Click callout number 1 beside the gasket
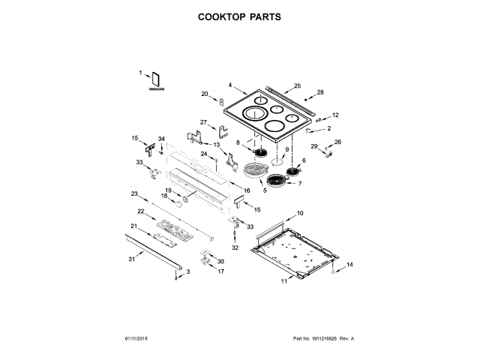pos(140,73)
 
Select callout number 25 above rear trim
pos(297,86)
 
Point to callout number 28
pos(320,92)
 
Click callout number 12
pos(335,115)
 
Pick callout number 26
pos(337,142)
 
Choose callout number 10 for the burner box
pos(300,214)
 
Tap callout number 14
pos(348,264)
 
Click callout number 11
pos(284,281)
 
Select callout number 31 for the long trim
pos(131,259)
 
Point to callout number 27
pos(202,122)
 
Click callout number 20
pos(204,94)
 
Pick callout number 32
pos(234,247)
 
